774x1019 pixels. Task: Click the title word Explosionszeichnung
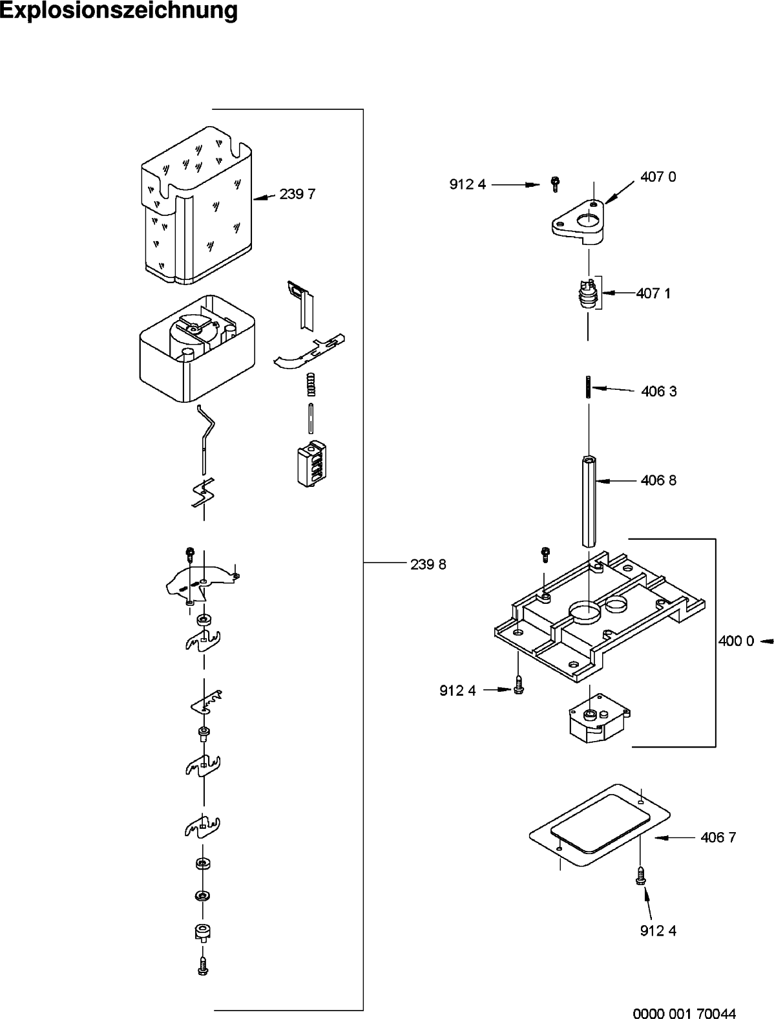(119, 11)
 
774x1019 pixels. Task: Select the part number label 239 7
(297, 194)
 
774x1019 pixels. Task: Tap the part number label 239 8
(428, 564)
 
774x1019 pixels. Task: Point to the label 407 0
(658, 177)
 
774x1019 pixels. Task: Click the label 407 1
(653, 293)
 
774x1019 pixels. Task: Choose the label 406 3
(658, 391)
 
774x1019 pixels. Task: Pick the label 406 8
(658, 480)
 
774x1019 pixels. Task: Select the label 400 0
(736, 641)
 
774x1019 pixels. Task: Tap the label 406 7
(718, 837)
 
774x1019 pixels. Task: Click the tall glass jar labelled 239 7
(197, 207)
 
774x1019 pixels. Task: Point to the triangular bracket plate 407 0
(579, 223)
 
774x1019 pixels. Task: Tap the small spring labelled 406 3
(588, 388)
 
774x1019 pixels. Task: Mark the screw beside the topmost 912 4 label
(554, 184)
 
